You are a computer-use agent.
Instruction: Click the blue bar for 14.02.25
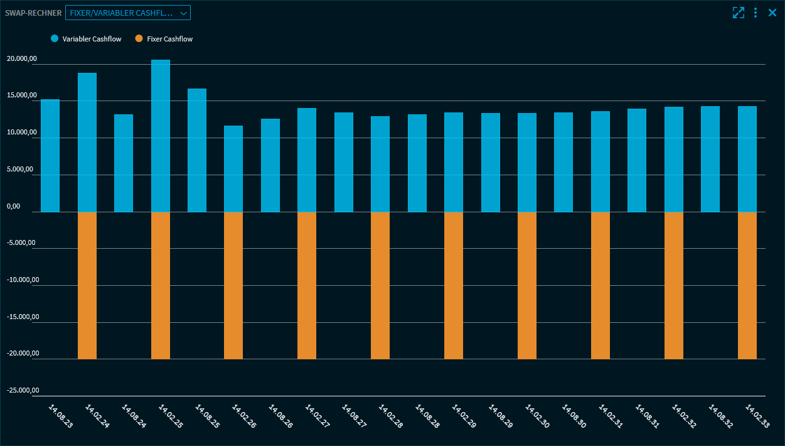161,136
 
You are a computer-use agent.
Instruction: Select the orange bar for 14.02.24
87,285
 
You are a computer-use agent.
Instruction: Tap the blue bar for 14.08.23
50,156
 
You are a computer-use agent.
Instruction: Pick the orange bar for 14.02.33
747,285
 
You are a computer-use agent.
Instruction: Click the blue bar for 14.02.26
233,169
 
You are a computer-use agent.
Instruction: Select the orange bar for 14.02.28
380,285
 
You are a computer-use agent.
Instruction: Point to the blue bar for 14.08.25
197,150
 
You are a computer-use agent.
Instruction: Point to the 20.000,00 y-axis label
22,59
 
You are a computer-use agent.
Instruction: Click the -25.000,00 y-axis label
23,391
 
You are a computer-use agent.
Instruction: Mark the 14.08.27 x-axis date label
354,416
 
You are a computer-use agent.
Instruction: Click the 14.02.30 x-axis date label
537,416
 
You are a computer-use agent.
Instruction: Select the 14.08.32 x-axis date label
720,416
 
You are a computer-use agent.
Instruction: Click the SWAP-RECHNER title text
33,13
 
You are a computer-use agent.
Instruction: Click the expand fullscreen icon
739,13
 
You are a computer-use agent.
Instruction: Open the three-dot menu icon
756,13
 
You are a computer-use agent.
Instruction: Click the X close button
772,13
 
